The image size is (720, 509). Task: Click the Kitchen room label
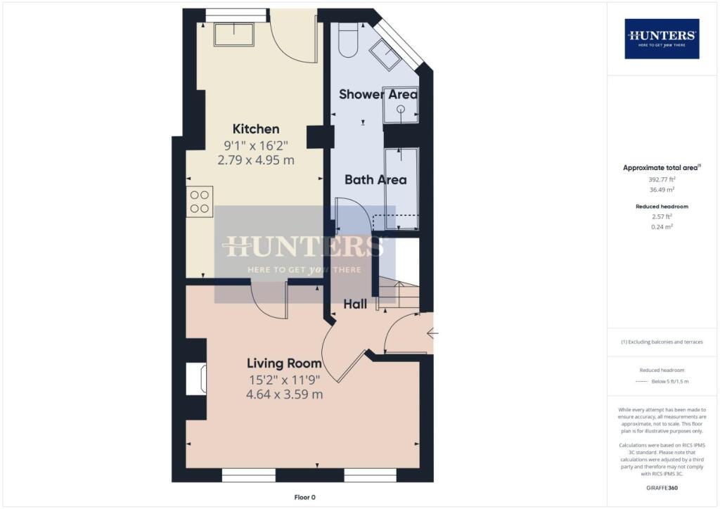click(256, 129)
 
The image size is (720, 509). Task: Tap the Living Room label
click(284, 363)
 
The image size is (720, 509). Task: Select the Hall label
click(355, 304)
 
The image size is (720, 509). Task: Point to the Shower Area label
click(378, 94)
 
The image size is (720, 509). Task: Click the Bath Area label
click(375, 179)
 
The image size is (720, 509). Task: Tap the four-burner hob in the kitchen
click(200, 202)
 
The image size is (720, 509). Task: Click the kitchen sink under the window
click(233, 34)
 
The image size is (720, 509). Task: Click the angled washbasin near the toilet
click(386, 54)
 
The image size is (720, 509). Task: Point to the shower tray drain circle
click(401, 109)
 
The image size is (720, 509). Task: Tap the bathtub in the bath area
click(401, 188)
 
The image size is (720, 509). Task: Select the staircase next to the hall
click(399, 294)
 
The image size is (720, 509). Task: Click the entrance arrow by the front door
click(432, 333)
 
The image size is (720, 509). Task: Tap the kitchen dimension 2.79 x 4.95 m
click(256, 160)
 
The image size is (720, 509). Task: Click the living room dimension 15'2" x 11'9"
click(284, 380)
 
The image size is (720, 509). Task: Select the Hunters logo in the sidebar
click(662, 39)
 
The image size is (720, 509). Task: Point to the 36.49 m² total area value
click(662, 190)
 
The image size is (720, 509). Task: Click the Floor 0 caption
click(305, 497)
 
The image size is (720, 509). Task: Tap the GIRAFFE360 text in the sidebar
click(662, 488)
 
